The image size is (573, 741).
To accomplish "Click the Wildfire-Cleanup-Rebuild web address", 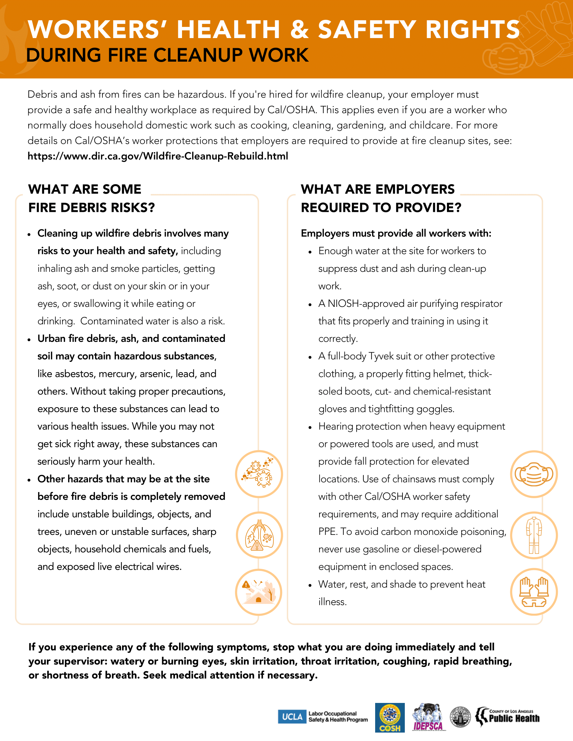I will [157, 156].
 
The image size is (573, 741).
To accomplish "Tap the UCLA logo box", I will [292, 716].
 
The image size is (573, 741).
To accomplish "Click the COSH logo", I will [390, 717].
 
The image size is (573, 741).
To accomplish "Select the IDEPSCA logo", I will [428, 717].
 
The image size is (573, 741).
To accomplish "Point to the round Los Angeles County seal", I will [460, 717].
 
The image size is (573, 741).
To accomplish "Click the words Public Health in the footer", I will [514, 719].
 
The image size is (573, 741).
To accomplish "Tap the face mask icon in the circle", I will [534, 474].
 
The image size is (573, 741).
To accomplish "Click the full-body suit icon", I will [534, 535].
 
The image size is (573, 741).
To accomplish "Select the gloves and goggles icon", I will [534, 592].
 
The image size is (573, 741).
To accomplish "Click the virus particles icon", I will [259, 474].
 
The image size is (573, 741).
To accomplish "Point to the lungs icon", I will [259, 535].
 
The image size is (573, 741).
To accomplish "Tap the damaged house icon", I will [259, 592].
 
